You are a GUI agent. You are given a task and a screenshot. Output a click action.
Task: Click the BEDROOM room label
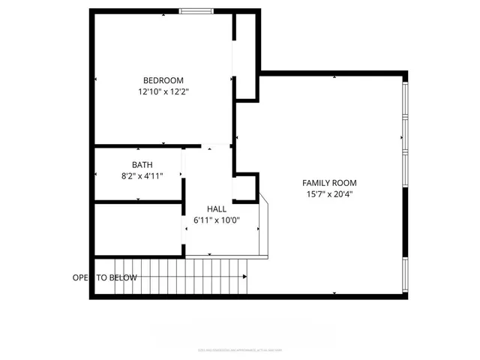coord(163,80)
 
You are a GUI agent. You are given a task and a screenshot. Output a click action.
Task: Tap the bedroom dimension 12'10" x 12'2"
coord(163,92)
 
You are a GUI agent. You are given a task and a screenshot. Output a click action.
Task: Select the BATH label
coord(142,164)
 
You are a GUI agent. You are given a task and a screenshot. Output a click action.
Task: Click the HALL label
coord(217,209)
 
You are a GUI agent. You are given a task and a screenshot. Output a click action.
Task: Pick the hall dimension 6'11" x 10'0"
coord(217,220)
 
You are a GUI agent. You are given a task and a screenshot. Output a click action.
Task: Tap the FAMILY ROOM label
coord(329,182)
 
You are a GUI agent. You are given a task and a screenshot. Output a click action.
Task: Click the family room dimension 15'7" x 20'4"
coord(329,194)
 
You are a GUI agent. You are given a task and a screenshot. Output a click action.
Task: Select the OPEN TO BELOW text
coord(105,277)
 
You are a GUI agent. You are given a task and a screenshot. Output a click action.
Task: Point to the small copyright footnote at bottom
coord(240,349)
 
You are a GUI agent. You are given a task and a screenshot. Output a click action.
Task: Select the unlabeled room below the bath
coord(138,229)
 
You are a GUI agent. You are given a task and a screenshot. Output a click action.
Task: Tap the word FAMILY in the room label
coord(316,182)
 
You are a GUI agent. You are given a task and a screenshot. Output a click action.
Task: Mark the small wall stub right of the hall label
coord(246,187)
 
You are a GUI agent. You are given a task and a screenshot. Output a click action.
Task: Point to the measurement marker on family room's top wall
coord(334,76)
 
